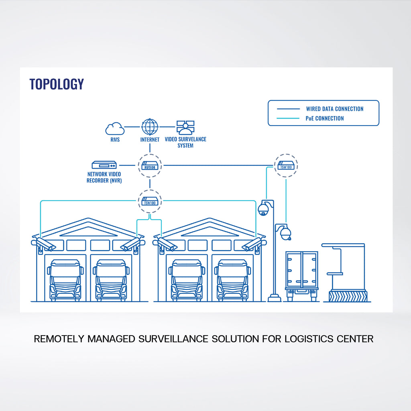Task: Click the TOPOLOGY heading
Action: (x=57, y=84)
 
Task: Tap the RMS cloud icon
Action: (x=114, y=128)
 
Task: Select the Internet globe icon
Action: (x=150, y=126)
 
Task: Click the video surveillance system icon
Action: (x=185, y=127)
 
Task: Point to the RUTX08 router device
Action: (x=150, y=165)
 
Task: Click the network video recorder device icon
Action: (x=104, y=165)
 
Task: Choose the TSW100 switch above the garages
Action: (x=150, y=200)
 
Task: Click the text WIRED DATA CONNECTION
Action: (x=334, y=109)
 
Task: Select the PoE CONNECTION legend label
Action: (x=325, y=118)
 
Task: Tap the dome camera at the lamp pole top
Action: (x=263, y=209)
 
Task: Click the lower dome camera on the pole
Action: (x=285, y=233)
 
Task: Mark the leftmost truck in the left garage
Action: (x=65, y=280)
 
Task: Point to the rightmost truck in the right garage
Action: (x=232, y=280)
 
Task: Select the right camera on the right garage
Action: (x=252, y=244)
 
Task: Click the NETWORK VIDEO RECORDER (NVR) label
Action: (x=104, y=177)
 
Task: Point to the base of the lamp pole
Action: (x=275, y=298)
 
